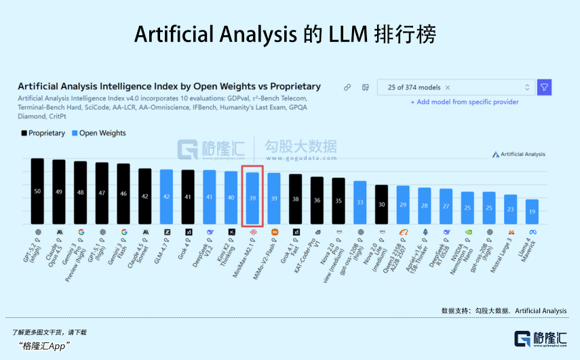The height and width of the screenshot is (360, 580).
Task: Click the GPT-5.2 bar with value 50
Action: coord(37,191)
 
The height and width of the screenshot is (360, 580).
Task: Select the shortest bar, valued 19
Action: coord(533,212)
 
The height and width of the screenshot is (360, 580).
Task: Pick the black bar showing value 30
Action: coord(381,204)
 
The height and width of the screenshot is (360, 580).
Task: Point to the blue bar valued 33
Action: coord(360,202)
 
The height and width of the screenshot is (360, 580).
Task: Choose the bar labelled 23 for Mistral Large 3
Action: coord(510,209)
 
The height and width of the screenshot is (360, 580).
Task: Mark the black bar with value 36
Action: coord(317,200)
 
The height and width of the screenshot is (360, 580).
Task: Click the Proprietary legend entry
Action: coord(43,134)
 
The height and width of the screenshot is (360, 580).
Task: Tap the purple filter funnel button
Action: coord(544,87)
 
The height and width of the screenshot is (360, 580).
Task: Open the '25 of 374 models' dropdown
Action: coord(455,87)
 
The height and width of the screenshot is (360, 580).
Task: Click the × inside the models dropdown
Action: coord(448,87)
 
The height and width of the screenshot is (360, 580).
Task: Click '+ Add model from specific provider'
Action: coord(464,102)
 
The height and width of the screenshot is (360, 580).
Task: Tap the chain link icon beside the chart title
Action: coord(347,87)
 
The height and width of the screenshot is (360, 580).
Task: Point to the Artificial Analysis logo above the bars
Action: coord(518,155)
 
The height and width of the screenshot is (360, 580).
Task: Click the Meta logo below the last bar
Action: coord(533,232)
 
